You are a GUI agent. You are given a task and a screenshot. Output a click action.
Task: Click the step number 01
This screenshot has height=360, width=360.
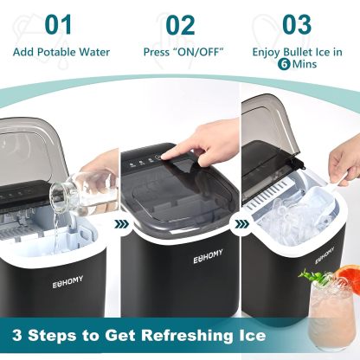coord(58,25)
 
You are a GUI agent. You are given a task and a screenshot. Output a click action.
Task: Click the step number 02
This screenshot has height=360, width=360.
coord(180,25)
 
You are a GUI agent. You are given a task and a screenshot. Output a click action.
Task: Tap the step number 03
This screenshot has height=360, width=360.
coord(297,25)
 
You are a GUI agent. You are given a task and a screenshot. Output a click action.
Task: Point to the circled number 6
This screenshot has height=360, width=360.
coord(284,64)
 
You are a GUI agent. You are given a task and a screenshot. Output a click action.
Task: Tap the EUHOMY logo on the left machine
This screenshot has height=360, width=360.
coord(67,282)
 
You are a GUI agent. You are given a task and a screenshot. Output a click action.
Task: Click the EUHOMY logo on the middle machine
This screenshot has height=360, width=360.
coord(208,256)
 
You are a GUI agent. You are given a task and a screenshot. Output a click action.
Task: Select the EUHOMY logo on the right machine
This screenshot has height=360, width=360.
coord(325,255)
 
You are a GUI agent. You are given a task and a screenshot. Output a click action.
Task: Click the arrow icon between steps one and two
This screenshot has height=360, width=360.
coord(122,223)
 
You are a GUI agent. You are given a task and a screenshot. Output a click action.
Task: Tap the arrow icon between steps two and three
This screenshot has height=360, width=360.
coord(242,223)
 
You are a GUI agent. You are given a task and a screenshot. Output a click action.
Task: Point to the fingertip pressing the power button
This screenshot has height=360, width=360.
coord(164,157)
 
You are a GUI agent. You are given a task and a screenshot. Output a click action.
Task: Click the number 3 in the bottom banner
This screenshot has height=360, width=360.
coord(17,336)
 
